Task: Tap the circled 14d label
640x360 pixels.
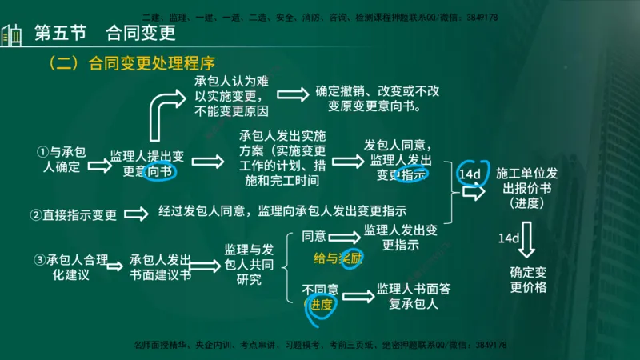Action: (470, 174)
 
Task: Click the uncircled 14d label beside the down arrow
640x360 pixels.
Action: (509, 238)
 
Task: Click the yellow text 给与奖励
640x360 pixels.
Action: (338, 258)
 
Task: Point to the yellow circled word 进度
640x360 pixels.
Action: (322, 305)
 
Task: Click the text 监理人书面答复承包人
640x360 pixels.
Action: (413, 296)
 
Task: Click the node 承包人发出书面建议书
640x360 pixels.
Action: (160, 267)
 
